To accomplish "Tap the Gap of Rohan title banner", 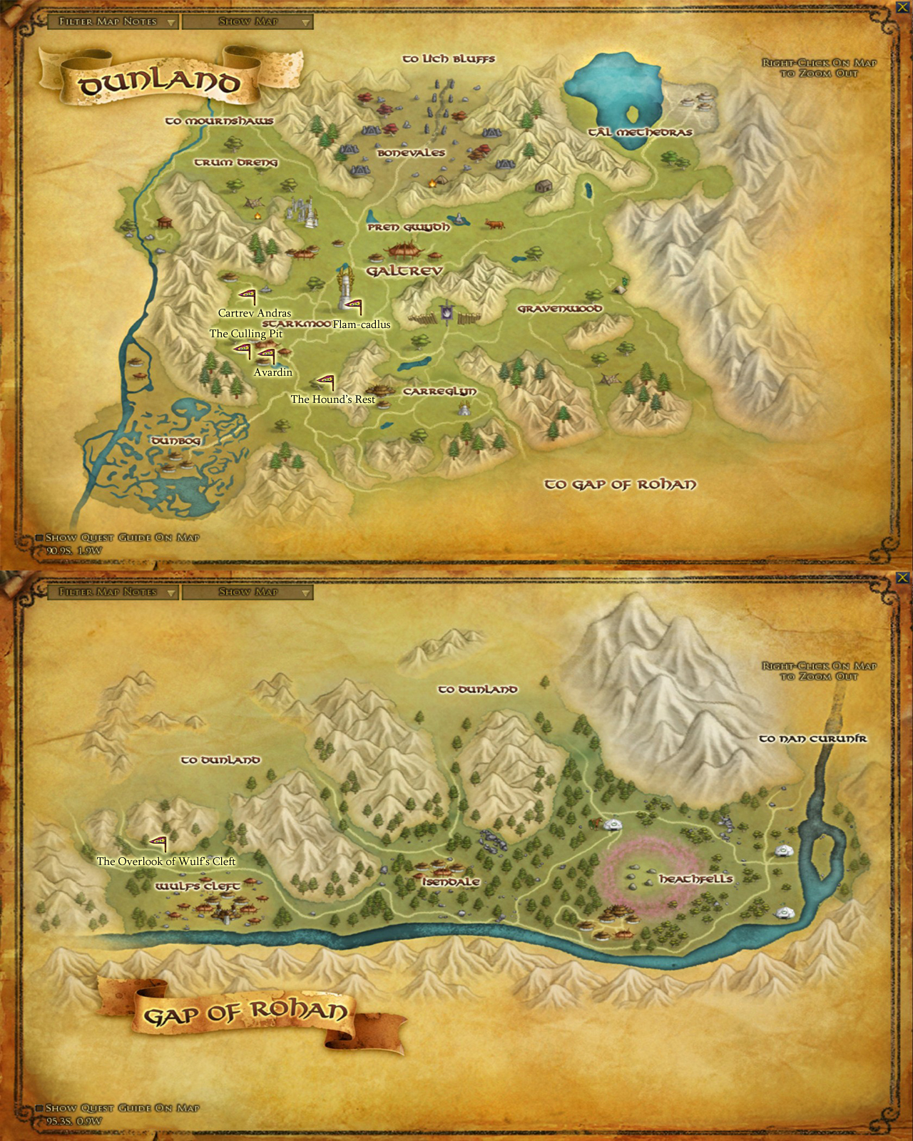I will [246, 1013].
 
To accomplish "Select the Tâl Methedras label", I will [640, 132].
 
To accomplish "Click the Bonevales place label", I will [411, 153].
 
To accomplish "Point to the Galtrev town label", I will [404, 271].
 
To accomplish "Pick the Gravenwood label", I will [560, 309].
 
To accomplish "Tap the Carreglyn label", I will [439, 392].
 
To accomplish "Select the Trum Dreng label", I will [236, 163].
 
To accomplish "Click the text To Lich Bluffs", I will [449, 58].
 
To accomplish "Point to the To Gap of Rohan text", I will [620, 485].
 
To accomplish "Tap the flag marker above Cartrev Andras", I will [248, 296].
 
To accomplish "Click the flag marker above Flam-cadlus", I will [354, 307].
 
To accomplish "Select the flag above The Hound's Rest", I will [326, 382].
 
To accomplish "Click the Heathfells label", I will [695, 879].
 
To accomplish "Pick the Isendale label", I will [451, 881].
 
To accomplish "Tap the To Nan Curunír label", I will [812, 739].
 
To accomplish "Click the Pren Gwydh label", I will [409, 227].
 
